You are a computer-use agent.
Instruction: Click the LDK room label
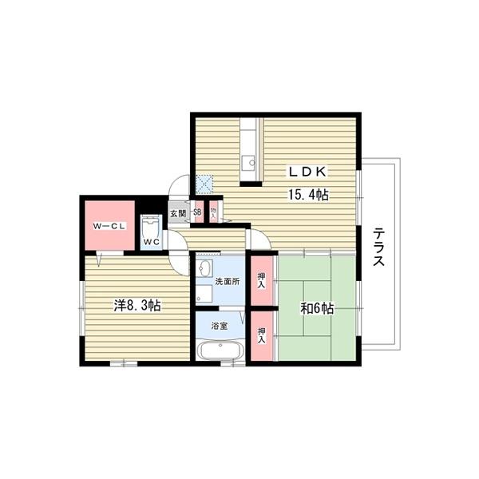(x=307, y=172)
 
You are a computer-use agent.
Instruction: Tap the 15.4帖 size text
(x=308, y=195)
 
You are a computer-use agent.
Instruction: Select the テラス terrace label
(x=378, y=247)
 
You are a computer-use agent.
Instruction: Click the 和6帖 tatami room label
(x=317, y=309)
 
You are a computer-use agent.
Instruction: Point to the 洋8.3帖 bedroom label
(x=138, y=306)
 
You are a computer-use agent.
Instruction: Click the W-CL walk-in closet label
(x=109, y=227)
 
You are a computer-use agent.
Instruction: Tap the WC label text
(x=152, y=242)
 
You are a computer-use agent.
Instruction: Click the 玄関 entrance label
(x=178, y=213)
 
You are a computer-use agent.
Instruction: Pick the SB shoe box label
(x=198, y=212)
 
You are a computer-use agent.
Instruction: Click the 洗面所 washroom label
(x=228, y=281)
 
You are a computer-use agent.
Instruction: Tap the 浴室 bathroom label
(x=220, y=326)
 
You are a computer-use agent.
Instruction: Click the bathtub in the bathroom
(x=220, y=351)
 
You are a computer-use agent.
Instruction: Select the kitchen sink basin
(x=248, y=162)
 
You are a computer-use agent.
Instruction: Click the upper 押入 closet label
(x=262, y=281)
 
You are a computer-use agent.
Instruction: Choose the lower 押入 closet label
(x=262, y=335)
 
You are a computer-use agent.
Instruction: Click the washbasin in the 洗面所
(x=204, y=268)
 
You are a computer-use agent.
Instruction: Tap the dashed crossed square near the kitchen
(x=204, y=184)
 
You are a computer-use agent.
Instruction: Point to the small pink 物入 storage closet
(x=213, y=212)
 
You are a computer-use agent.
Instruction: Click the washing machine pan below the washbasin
(x=204, y=294)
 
